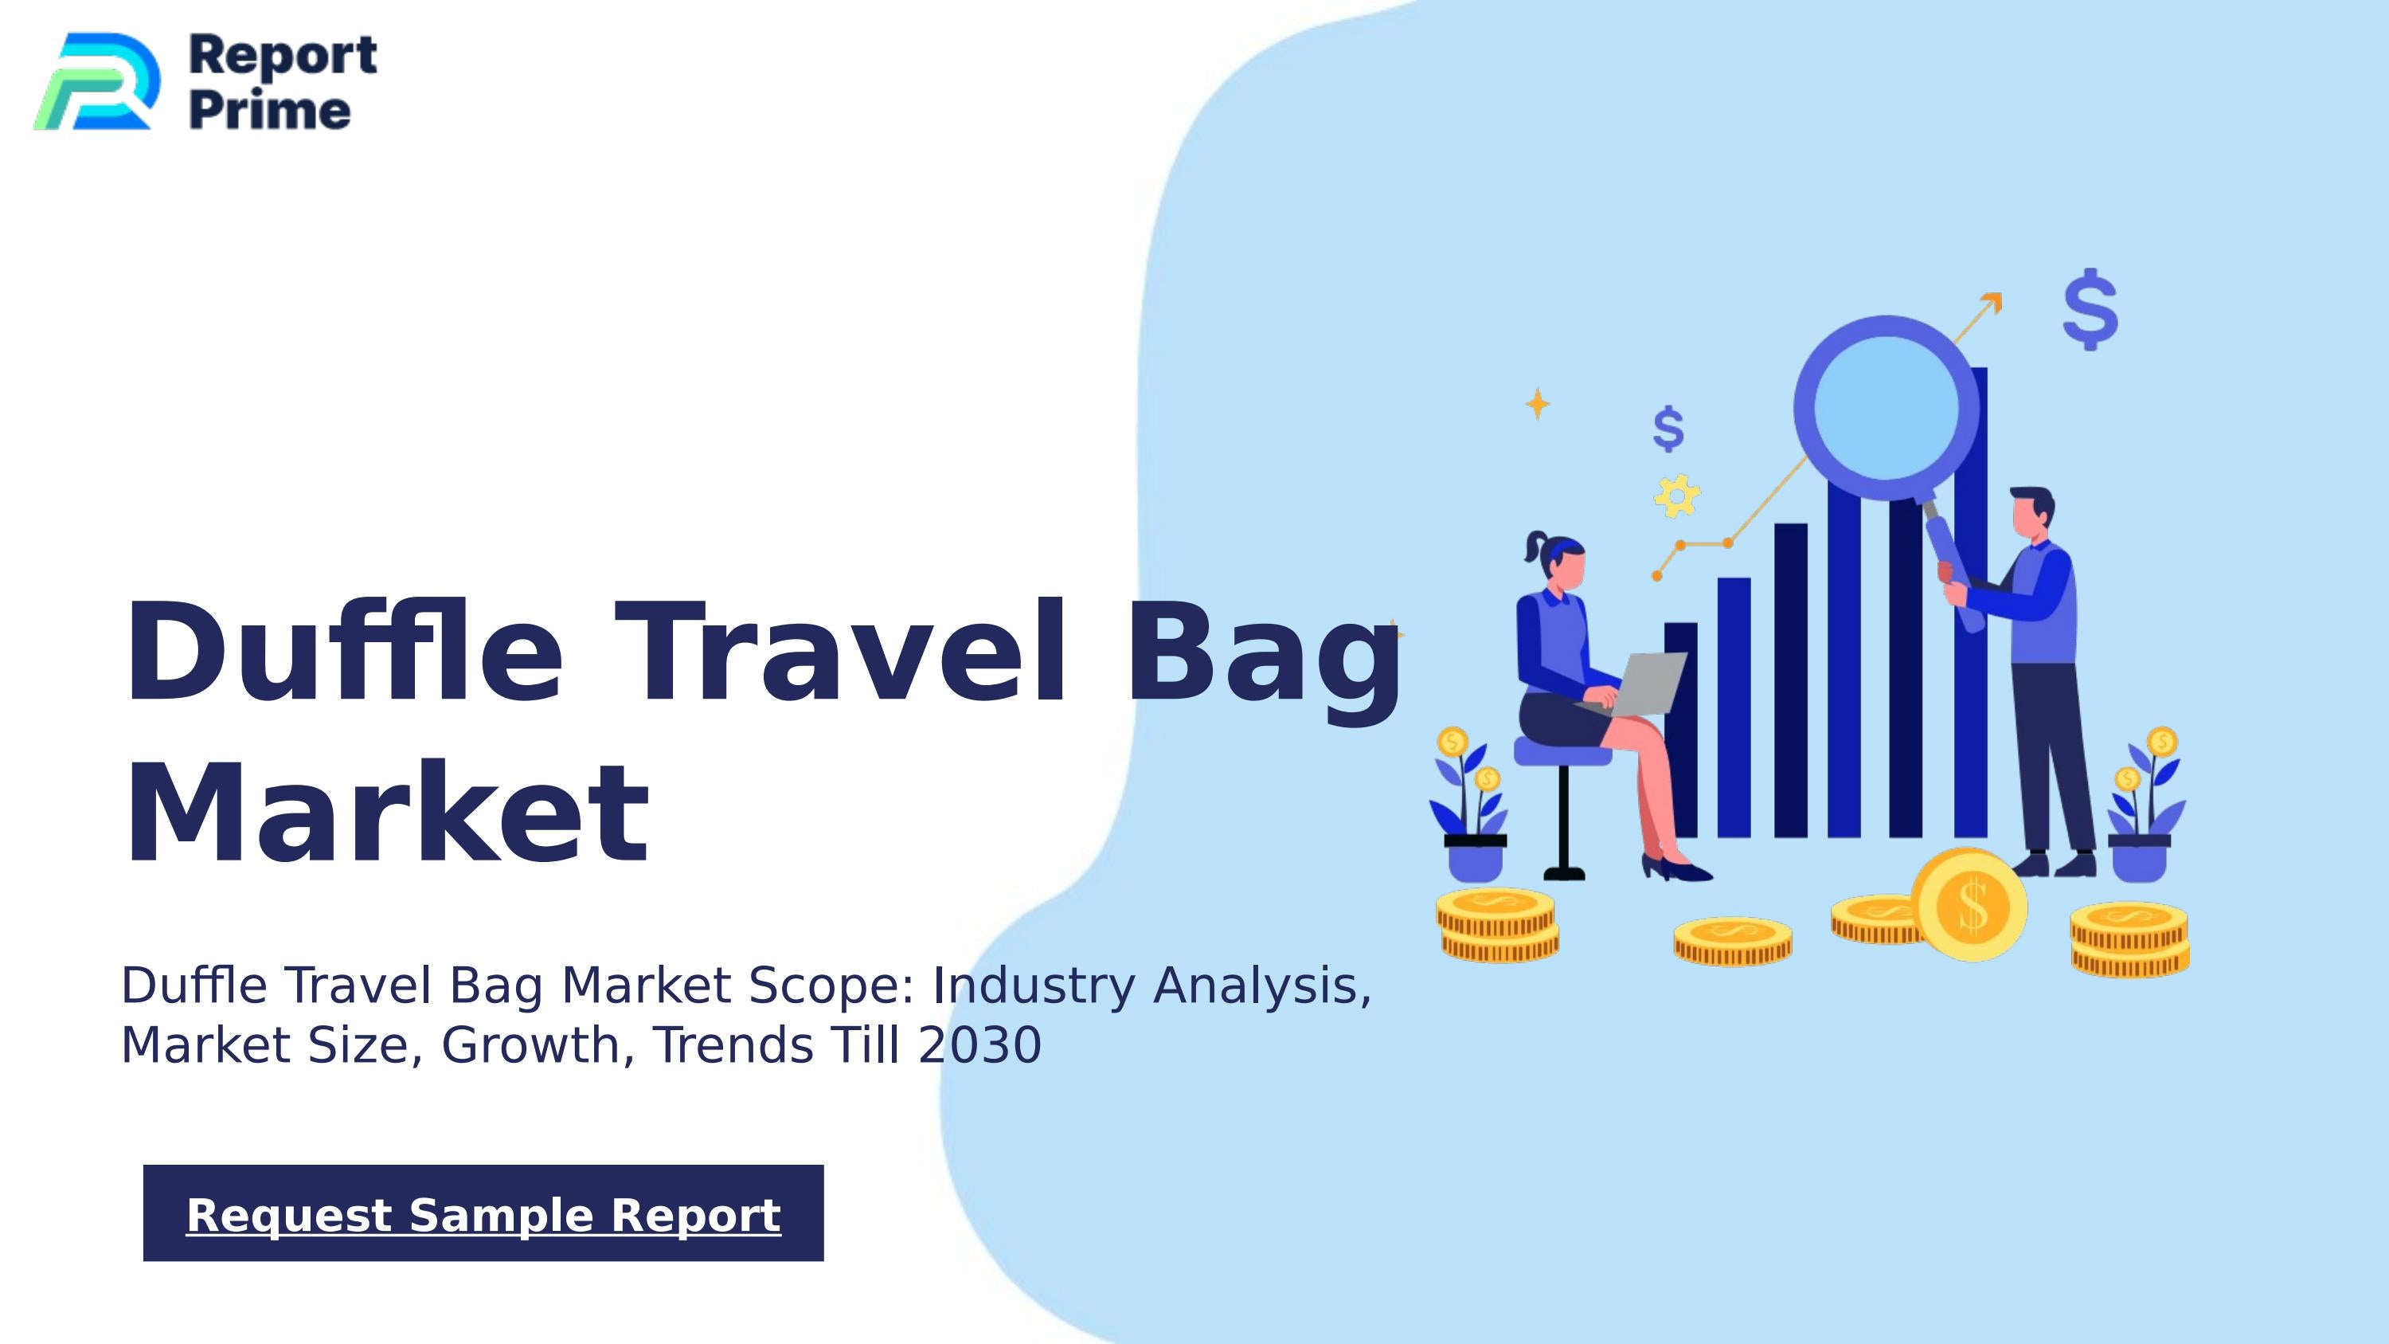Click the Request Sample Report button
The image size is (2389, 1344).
[483, 1213]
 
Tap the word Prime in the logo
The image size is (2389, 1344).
[270, 111]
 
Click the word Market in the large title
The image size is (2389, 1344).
[385, 814]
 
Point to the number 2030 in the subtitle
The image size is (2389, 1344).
[979, 1045]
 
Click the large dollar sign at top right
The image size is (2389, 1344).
[2090, 309]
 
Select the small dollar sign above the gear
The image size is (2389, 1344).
[1668, 429]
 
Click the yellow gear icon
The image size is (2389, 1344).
[1675, 496]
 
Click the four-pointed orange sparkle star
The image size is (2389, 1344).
[1538, 403]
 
